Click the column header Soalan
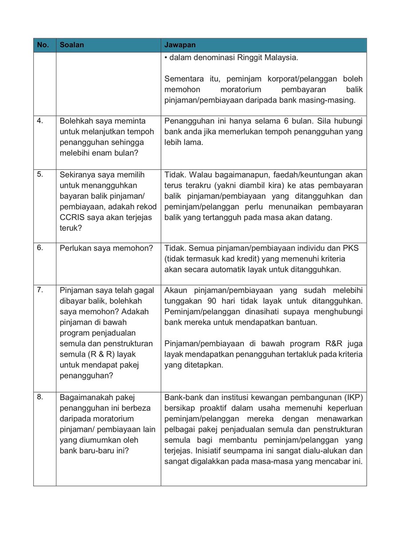point(71,45)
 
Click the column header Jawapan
point(180,45)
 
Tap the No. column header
point(43,45)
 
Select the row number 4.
point(39,120)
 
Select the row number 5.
point(39,174)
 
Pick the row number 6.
point(39,247)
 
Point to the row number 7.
point(39,290)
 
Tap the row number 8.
point(39,397)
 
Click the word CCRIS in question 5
point(72,218)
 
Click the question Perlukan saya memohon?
point(106,248)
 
